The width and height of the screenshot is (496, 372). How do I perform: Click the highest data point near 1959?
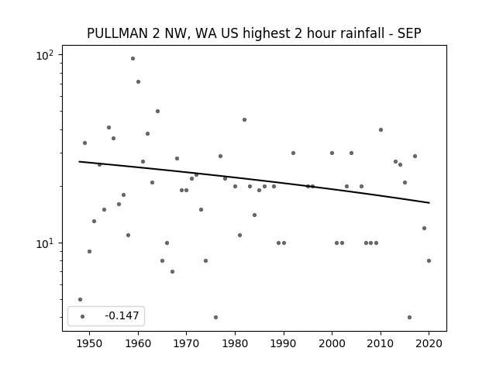(133, 59)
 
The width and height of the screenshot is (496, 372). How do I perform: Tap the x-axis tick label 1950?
(90, 343)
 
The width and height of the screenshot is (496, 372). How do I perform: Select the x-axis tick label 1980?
(235, 343)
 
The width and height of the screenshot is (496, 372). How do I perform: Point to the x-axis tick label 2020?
(429, 343)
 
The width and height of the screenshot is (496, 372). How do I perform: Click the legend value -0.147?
(122, 315)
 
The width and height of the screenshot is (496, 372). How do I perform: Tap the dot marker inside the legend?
(83, 316)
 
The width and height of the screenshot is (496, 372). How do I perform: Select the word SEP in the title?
(409, 33)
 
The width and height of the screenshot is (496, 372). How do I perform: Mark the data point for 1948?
(80, 300)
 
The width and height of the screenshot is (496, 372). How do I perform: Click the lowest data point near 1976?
(215, 317)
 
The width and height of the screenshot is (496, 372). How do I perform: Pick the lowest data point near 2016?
(410, 317)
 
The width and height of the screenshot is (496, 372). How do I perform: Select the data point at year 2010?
(381, 129)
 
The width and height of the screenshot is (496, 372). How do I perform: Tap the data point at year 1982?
(245, 119)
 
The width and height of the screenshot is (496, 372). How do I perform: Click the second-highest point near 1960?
(138, 81)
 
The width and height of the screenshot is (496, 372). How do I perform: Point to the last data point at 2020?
(429, 260)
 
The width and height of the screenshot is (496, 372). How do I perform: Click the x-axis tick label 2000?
(332, 343)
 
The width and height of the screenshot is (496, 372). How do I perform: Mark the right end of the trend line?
(429, 203)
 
